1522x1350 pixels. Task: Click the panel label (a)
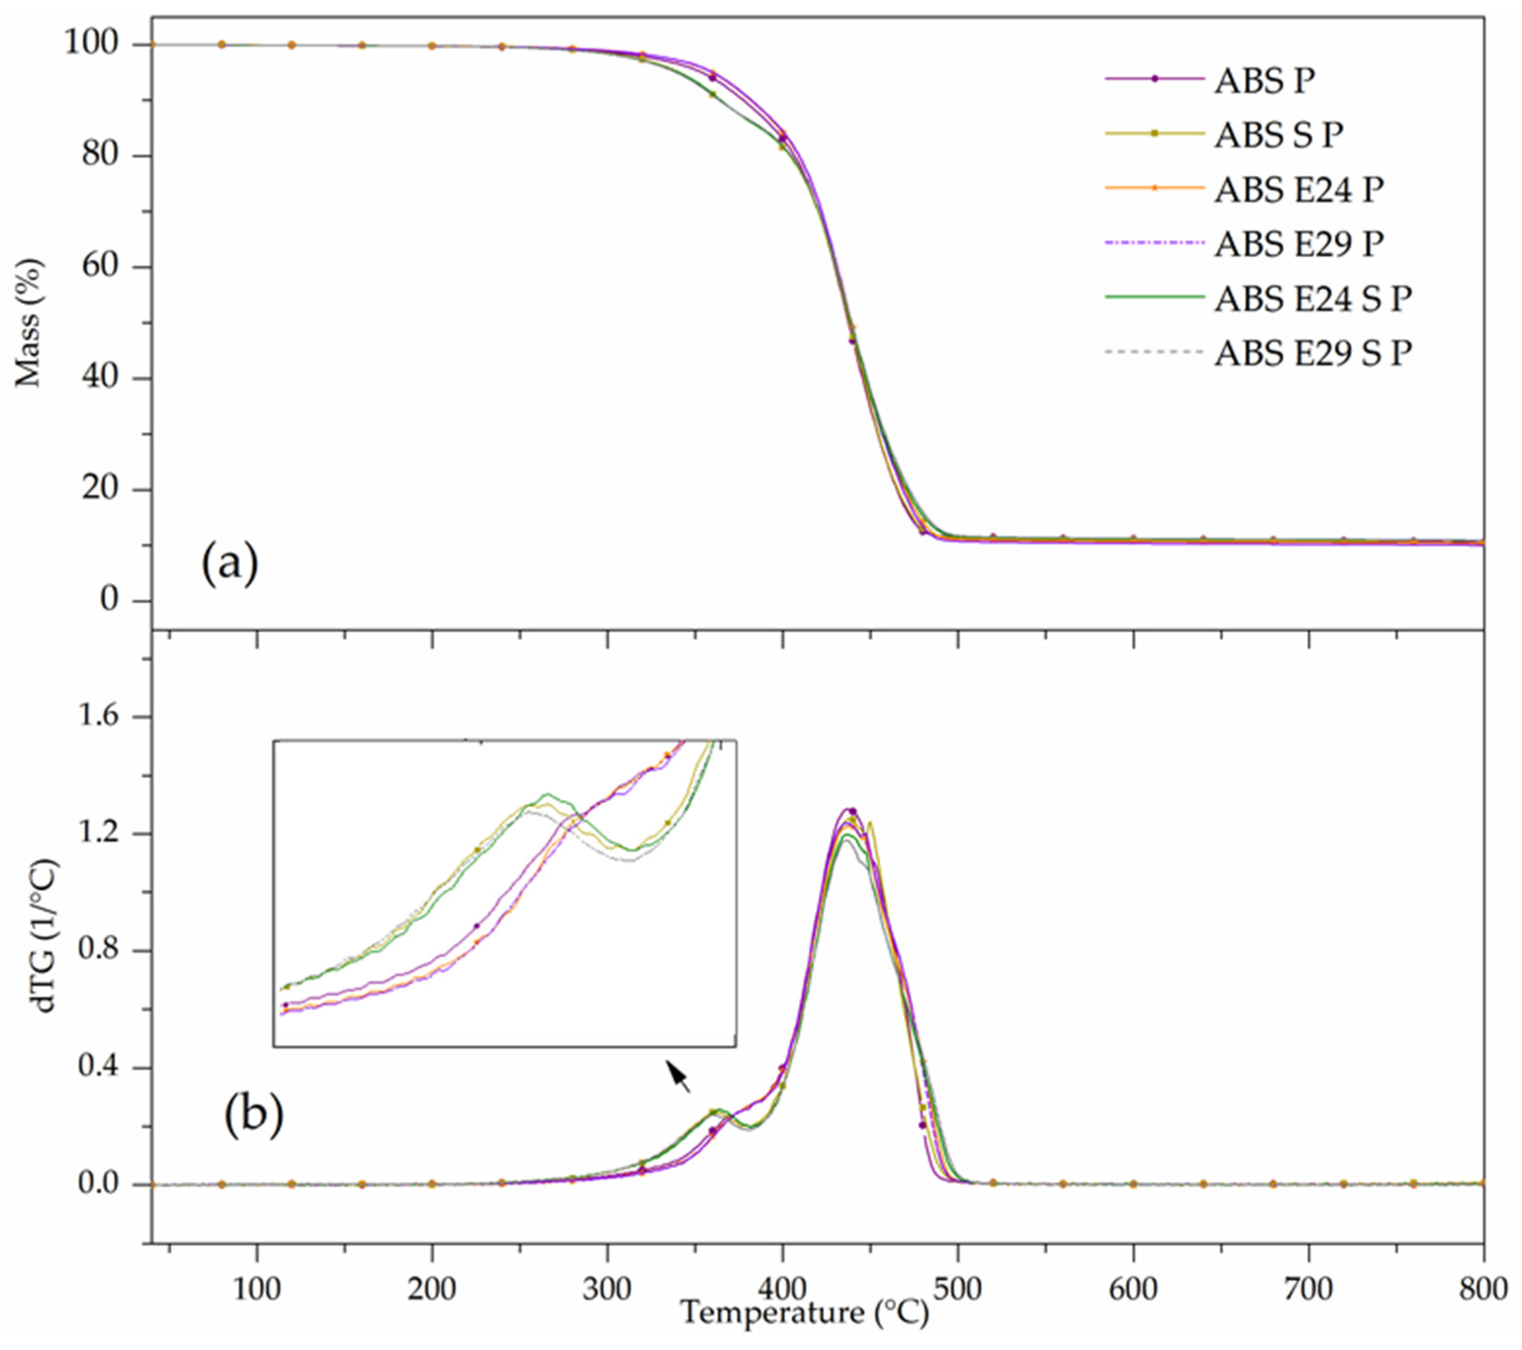[x=229, y=564]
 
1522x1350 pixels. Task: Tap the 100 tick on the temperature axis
[x=257, y=1287]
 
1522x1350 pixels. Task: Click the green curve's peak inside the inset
[x=547, y=794]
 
